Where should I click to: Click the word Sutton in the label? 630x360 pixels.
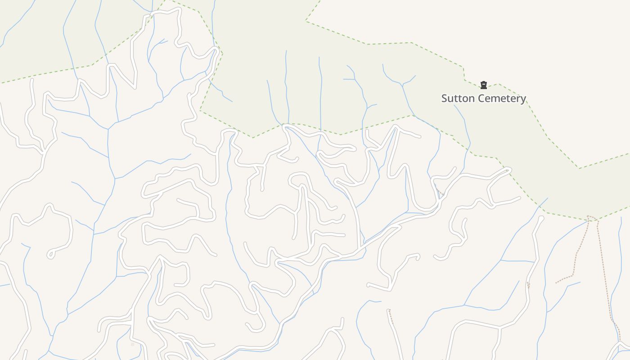pos(456,98)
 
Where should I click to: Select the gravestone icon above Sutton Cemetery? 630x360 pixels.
pos(484,85)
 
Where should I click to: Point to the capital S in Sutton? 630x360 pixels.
pos(445,98)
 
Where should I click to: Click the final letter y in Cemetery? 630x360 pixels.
pos(523,99)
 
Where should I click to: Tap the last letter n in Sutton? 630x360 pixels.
pos(468,99)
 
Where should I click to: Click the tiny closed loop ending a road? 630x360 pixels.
pos(50,255)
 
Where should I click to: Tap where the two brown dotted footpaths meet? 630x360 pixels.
pos(589,219)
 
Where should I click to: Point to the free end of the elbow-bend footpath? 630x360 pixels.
pos(556,283)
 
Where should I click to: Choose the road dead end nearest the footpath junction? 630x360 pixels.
pos(541,219)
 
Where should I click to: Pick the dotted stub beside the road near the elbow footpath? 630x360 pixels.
pos(528,285)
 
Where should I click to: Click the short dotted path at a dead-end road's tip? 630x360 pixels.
pos(390,315)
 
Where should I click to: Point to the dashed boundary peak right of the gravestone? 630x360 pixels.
pos(499,84)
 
